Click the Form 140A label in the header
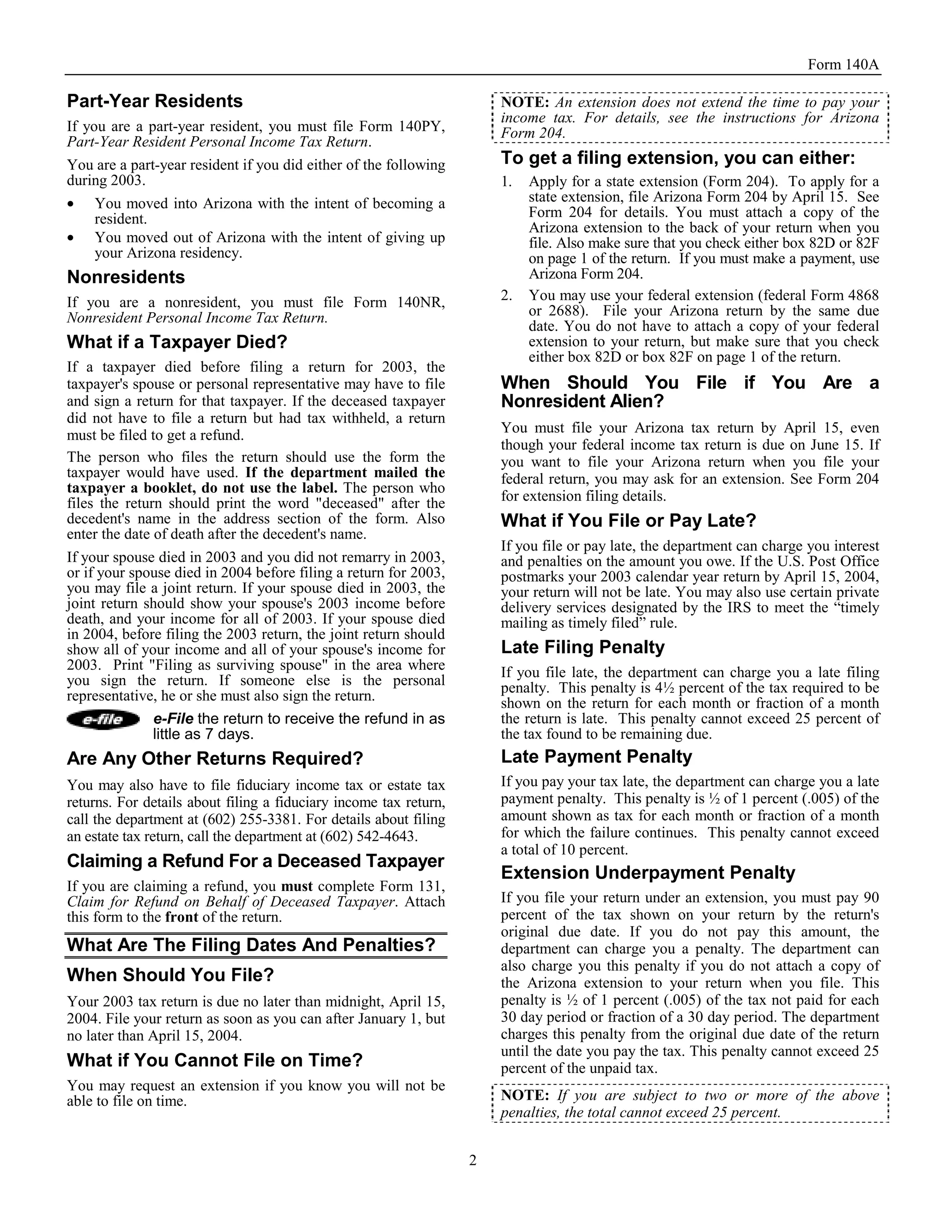click(843, 65)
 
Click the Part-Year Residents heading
click(155, 102)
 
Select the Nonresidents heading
click(126, 278)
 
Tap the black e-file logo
click(103, 720)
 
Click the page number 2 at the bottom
click(473, 1160)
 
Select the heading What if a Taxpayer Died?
click(176, 342)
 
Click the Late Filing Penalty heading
click(582, 647)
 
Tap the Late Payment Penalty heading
click(596, 757)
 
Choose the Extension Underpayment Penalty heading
click(648, 873)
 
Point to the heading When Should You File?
click(170, 975)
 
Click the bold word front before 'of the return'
click(182, 917)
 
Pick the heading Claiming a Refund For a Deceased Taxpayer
click(255, 861)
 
